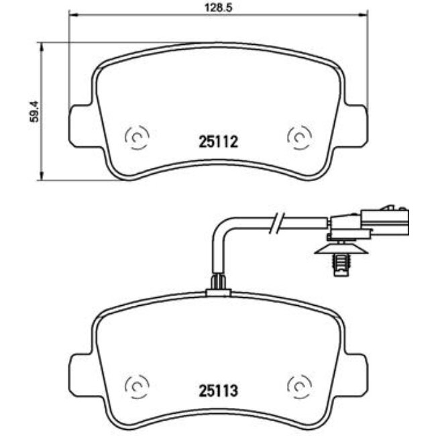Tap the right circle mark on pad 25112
pyautogui.click(x=298, y=137)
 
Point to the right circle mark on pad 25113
pyautogui.click(x=298, y=385)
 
